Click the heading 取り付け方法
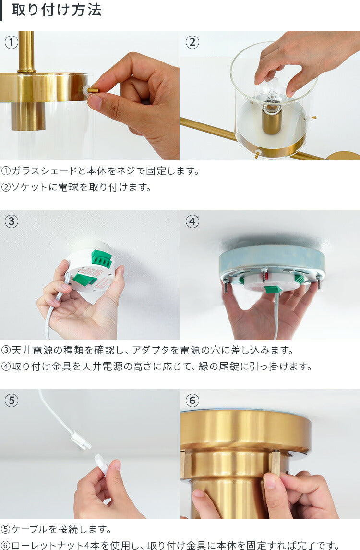[56, 10]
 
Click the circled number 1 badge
[12, 42]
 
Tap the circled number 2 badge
[192, 42]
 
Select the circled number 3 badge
[12, 221]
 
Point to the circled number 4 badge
[192, 221]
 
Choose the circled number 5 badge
[12, 400]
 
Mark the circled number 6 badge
[192, 400]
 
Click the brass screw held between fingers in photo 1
[93, 90]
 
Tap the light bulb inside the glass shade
[271, 94]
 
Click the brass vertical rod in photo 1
[26, 51]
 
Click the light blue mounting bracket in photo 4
[272, 259]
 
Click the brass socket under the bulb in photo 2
[272, 122]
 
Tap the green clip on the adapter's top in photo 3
[102, 258]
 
